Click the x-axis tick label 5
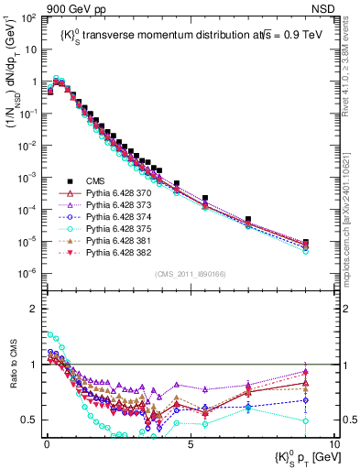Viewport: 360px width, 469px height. click(190, 442)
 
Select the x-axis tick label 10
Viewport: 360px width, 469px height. click(333, 442)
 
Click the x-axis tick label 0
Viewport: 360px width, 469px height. click(46, 442)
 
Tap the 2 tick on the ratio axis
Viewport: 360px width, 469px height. click(32, 308)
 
